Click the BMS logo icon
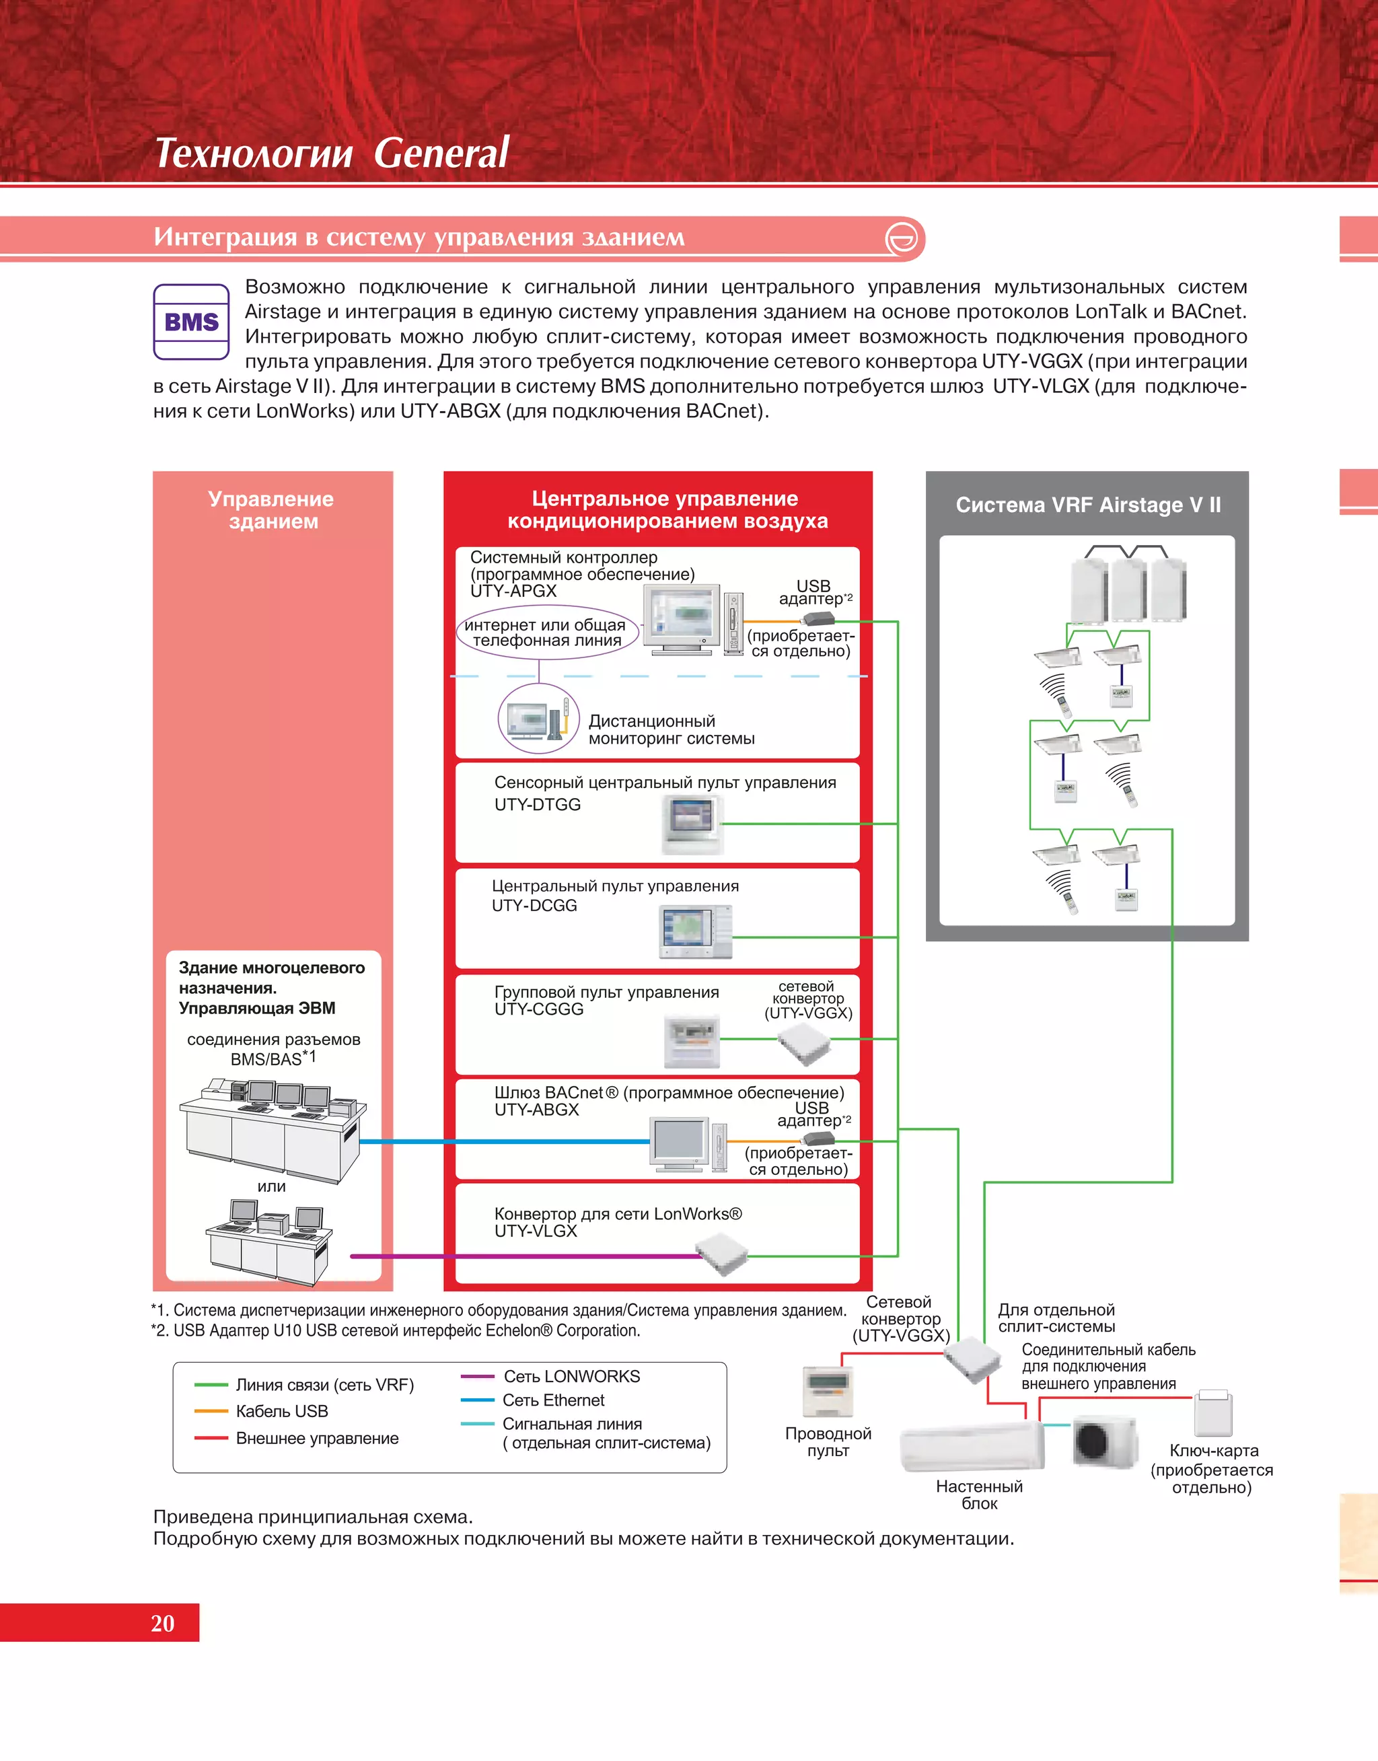tap(191, 322)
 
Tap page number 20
tap(162, 1622)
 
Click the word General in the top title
tap(441, 153)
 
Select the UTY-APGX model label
tap(513, 591)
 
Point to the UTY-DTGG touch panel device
tap(692, 824)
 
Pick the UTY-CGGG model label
tap(539, 1009)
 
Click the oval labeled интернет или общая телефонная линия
tap(546, 633)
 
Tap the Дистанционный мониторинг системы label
tap(672, 729)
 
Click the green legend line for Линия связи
tap(211, 1385)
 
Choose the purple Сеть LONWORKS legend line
tap(477, 1376)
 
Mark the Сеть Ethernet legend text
tap(554, 1400)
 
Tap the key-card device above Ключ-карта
tap(1213, 1413)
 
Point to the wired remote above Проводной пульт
tap(828, 1391)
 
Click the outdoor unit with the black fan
tap(1103, 1441)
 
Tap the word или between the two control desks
tap(271, 1186)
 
